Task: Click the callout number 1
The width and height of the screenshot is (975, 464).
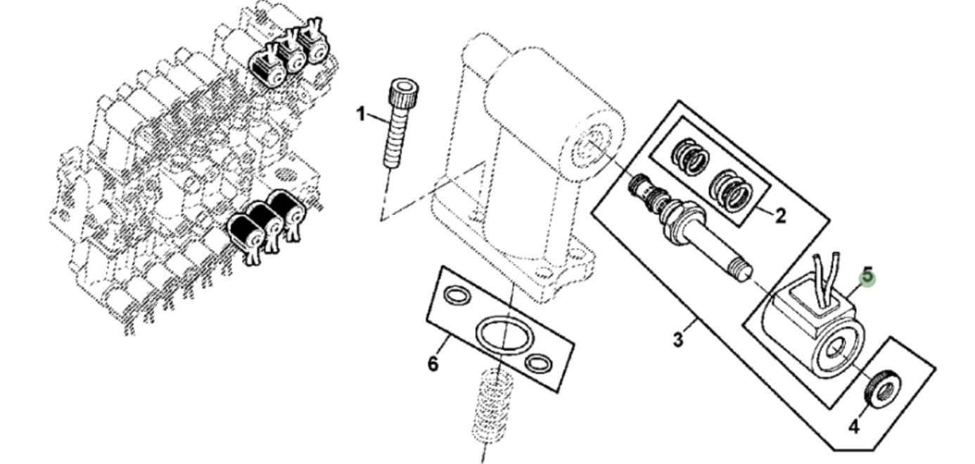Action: [x=361, y=114]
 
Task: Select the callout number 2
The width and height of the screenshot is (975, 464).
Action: [x=780, y=216]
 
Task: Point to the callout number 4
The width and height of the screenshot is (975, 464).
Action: [x=853, y=427]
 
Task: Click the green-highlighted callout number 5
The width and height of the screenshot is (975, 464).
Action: [x=868, y=276]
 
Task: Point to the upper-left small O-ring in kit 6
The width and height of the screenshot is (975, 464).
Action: [x=458, y=296]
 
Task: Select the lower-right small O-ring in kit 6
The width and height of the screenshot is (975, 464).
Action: [x=540, y=363]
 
